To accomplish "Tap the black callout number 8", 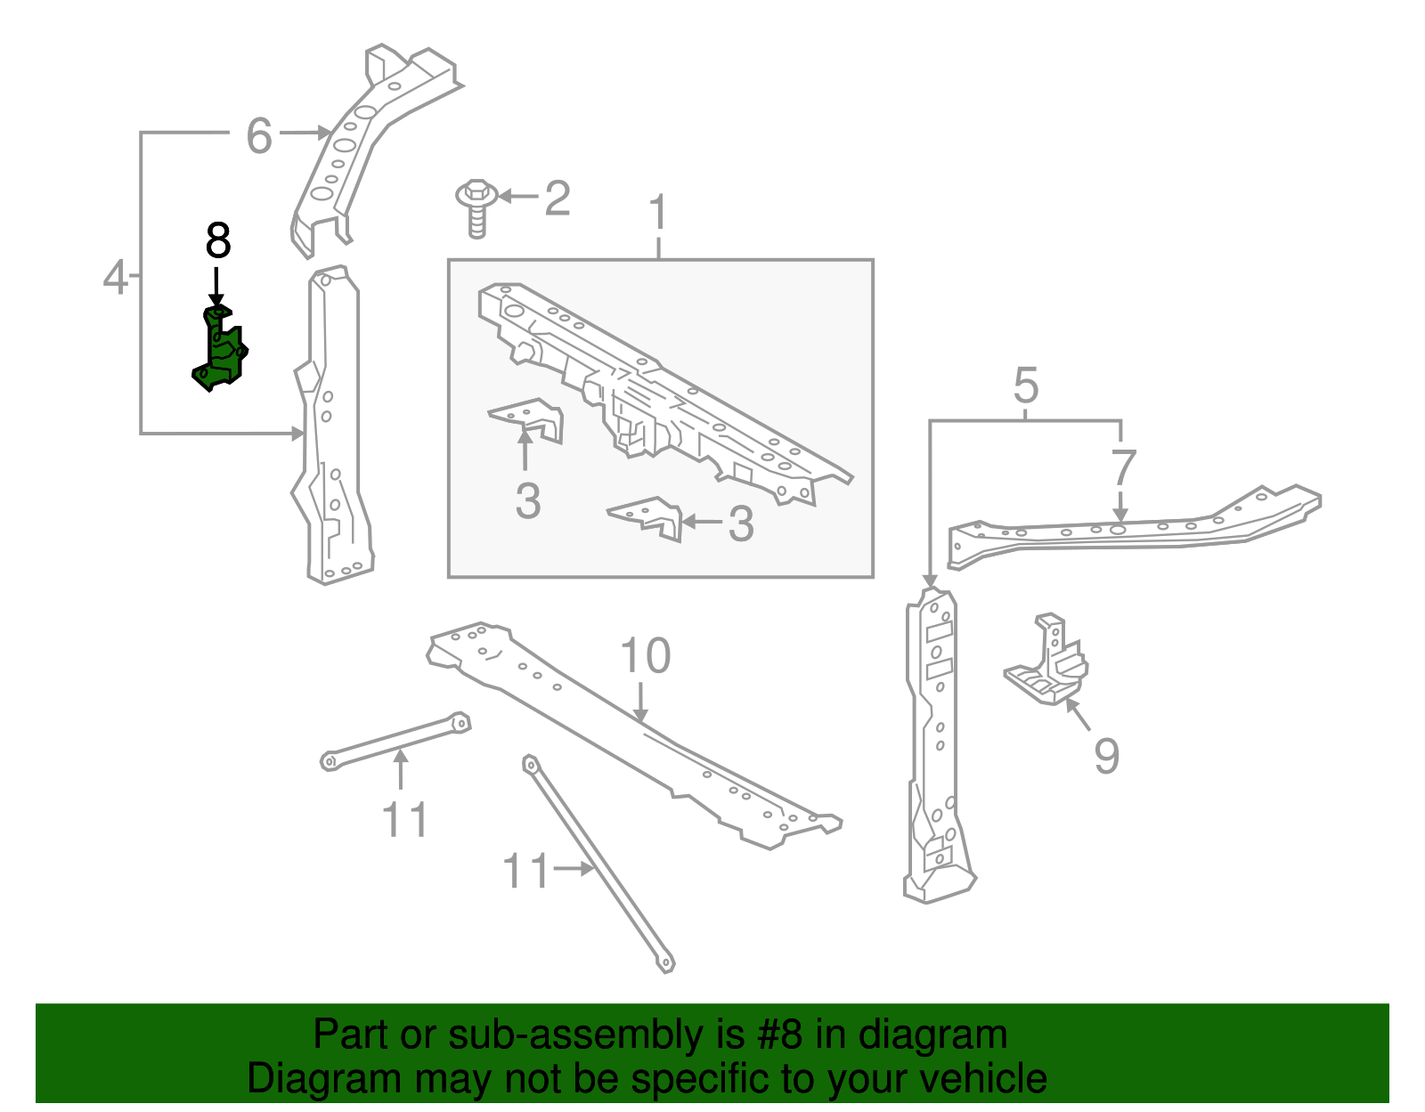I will click(x=218, y=241).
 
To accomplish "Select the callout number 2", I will click(x=557, y=198).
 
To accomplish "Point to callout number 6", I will click(x=258, y=136).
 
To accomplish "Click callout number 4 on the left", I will click(x=116, y=277).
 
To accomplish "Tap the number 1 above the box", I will click(x=657, y=213).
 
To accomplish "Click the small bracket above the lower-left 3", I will click(x=527, y=418).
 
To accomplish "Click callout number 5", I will click(x=1026, y=386).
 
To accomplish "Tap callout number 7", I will click(x=1123, y=467).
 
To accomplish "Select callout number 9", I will click(x=1106, y=756).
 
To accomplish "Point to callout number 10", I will click(x=645, y=656).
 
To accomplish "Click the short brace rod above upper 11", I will click(x=395, y=740).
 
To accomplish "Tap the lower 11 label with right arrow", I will click(x=527, y=871).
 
